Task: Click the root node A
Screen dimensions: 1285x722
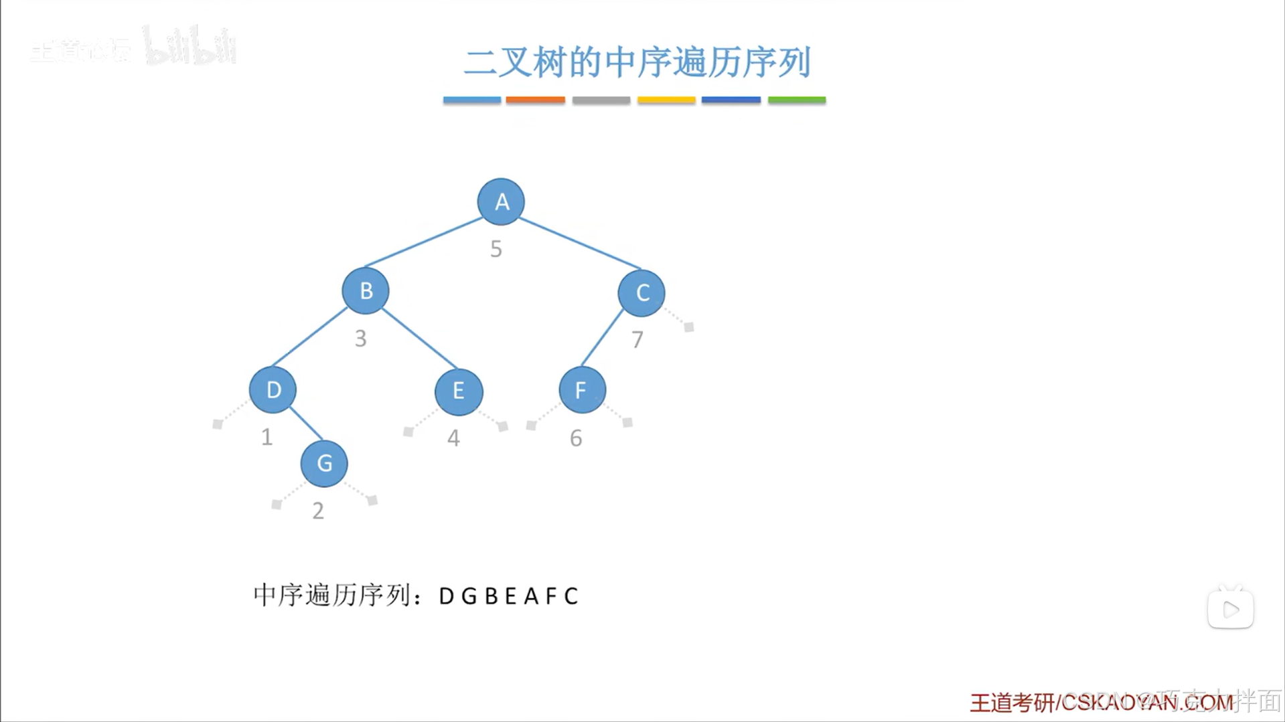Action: click(x=501, y=201)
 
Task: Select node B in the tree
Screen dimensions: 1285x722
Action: click(x=366, y=291)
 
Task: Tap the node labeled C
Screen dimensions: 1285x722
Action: click(x=641, y=292)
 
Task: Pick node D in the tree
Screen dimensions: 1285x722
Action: click(x=273, y=389)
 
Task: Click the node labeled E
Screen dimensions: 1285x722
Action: click(x=459, y=391)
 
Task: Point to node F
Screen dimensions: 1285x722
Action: click(x=582, y=389)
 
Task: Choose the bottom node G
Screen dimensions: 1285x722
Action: click(x=324, y=463)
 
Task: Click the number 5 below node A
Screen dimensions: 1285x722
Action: click(x=496, y=249)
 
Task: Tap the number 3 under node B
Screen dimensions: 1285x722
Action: click(x=360, y=339)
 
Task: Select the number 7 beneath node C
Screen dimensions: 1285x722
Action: click(x=637, y=340)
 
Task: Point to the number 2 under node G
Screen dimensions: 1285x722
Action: click(x=318, y=511)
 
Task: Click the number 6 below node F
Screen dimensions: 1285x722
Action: click(x=576, y=438)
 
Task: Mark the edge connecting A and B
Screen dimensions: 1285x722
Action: click(x=423, y=243)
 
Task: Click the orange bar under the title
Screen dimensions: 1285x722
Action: click(x=535, y=100)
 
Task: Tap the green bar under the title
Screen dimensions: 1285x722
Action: click(x=796, y=100)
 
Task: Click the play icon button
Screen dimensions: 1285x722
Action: click(x=1231, y=609)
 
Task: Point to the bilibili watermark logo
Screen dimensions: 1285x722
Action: click(x=190, y=47)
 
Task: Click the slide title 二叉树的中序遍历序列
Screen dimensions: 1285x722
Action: click(x=637, y=62)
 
